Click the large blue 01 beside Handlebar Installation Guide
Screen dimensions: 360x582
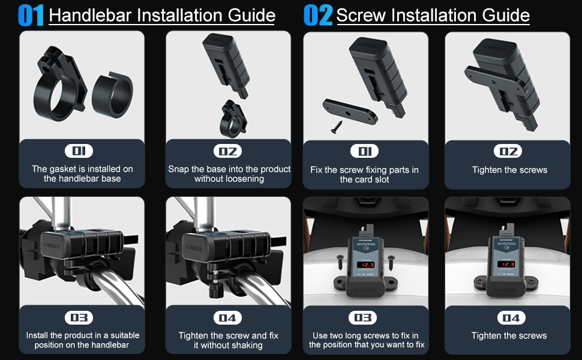tap(31, 16)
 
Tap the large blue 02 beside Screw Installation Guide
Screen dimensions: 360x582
tap(318, 16)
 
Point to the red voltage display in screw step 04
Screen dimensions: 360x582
tap(508, 264)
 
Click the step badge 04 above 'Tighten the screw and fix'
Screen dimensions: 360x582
tap(228, 317)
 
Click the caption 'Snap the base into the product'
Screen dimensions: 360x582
tap(229, 169)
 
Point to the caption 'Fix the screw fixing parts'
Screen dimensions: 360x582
tap(364, 170)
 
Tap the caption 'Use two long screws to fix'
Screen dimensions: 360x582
tap(366, 335)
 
